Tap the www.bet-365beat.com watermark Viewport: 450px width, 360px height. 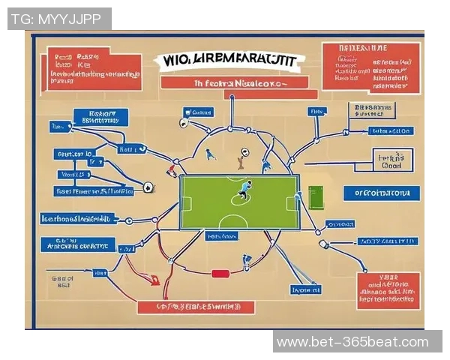pyautogui.click(x=352, y=343)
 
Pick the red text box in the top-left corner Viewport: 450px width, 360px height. pyautogui.click(x=94, y=69)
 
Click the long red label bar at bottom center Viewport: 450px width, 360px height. pyautogui.click(x=196, y=307)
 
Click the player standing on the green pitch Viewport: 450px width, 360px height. pyautogui.click(x=244, y=189)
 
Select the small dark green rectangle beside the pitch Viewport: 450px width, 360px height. pyautogui.click(x=315, y=197)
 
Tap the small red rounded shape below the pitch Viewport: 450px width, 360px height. pyautogui.click(x=219, y=273)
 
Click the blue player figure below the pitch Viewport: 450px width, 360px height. pyautogui.click(x=246, y=261)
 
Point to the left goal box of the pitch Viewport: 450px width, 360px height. pyautogui.click(x=186, y=202)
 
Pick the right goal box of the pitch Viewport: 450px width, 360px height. pyautogui.click(x=294, y=202)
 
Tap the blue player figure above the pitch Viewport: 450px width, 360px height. pyautogui.click(x=211, y=153)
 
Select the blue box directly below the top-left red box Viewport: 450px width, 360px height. pyautogui.click(x=100, y=116)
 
